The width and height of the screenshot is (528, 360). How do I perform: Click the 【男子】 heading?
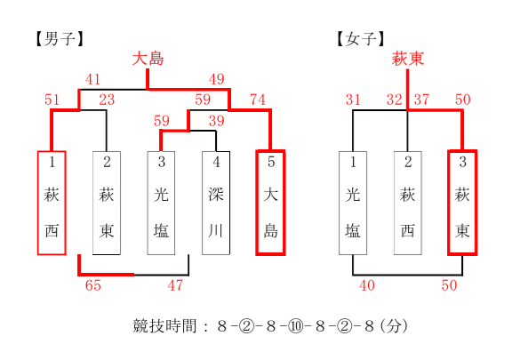pyautogui.click(x=60, y=39)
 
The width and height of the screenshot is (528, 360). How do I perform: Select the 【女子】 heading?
pyautogui.click(x=361, y=39)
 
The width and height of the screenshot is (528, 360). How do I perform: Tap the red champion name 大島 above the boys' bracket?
pyautogui.click(x=148, y=59)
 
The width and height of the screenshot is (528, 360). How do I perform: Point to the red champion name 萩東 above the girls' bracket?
pyautogui.click(x=407, y=59)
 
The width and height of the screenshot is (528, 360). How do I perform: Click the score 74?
pyautogui.click(x=258, y=100)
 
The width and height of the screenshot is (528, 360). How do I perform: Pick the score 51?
pyautogui.click(x=52, y=100)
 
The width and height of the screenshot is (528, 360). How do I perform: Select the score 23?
pyautogui.click(x=107, y=100)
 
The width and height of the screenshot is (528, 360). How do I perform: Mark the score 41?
pyautogui.click(x=93, y=79)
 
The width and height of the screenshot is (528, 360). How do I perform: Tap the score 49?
pyautogui.click(x=217, y=79)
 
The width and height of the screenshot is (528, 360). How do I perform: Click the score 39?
pyautogui.click(x=217, y=121)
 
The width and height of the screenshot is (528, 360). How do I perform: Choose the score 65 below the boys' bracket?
pyautogui.click(x=93, y=285)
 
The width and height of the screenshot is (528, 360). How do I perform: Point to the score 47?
pyautogui.click(x=175, y=285)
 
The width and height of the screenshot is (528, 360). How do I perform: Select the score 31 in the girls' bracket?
pyautogui.click(x=353, y=100)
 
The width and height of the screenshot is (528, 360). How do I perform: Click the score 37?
pyautogui.click(x=421, y=100)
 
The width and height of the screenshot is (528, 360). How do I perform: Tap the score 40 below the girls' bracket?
pyautogui.click(x=367, y=285)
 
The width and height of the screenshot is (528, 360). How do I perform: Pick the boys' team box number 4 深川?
pyautogui.click(x=216, y=203)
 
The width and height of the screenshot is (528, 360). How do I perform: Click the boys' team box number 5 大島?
pyautogui.click(x=271, y=203)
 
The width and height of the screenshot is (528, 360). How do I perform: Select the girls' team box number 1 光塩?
pyautogui.click(x=353, y=203)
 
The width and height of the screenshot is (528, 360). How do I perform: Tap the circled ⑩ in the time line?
pyautogui.click(x=295, y=326)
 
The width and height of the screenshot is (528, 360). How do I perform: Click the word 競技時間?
pyautogui.click(x=164, y=326)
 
